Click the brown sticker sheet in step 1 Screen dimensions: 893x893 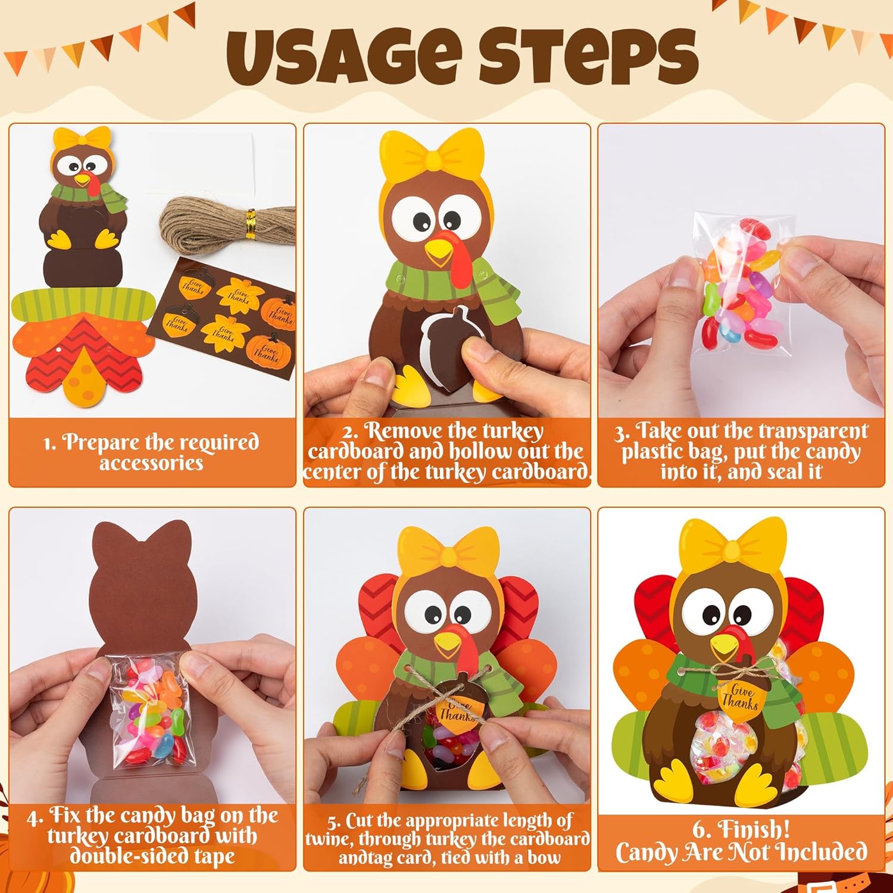(223, 319)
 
